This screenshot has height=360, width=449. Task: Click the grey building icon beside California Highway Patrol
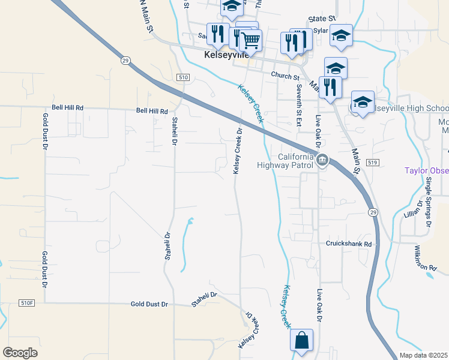point(322,160)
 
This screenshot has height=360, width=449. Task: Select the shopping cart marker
point(250,41)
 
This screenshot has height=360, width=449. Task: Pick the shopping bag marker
point(301,340)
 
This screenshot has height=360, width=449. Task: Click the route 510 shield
point(184,78)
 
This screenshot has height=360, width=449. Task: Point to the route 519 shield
point(372,163)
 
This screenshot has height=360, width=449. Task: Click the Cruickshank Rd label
point(349,244)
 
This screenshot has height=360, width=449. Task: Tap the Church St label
point(285,76)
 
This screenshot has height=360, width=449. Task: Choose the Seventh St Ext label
point(298,106)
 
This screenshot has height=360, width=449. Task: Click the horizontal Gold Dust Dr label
point(149,305)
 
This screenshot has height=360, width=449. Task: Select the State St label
point(322,19)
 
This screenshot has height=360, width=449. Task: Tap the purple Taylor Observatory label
point(426,170)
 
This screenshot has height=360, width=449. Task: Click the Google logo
point(20,353)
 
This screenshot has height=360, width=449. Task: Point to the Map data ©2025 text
point(423,355)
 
